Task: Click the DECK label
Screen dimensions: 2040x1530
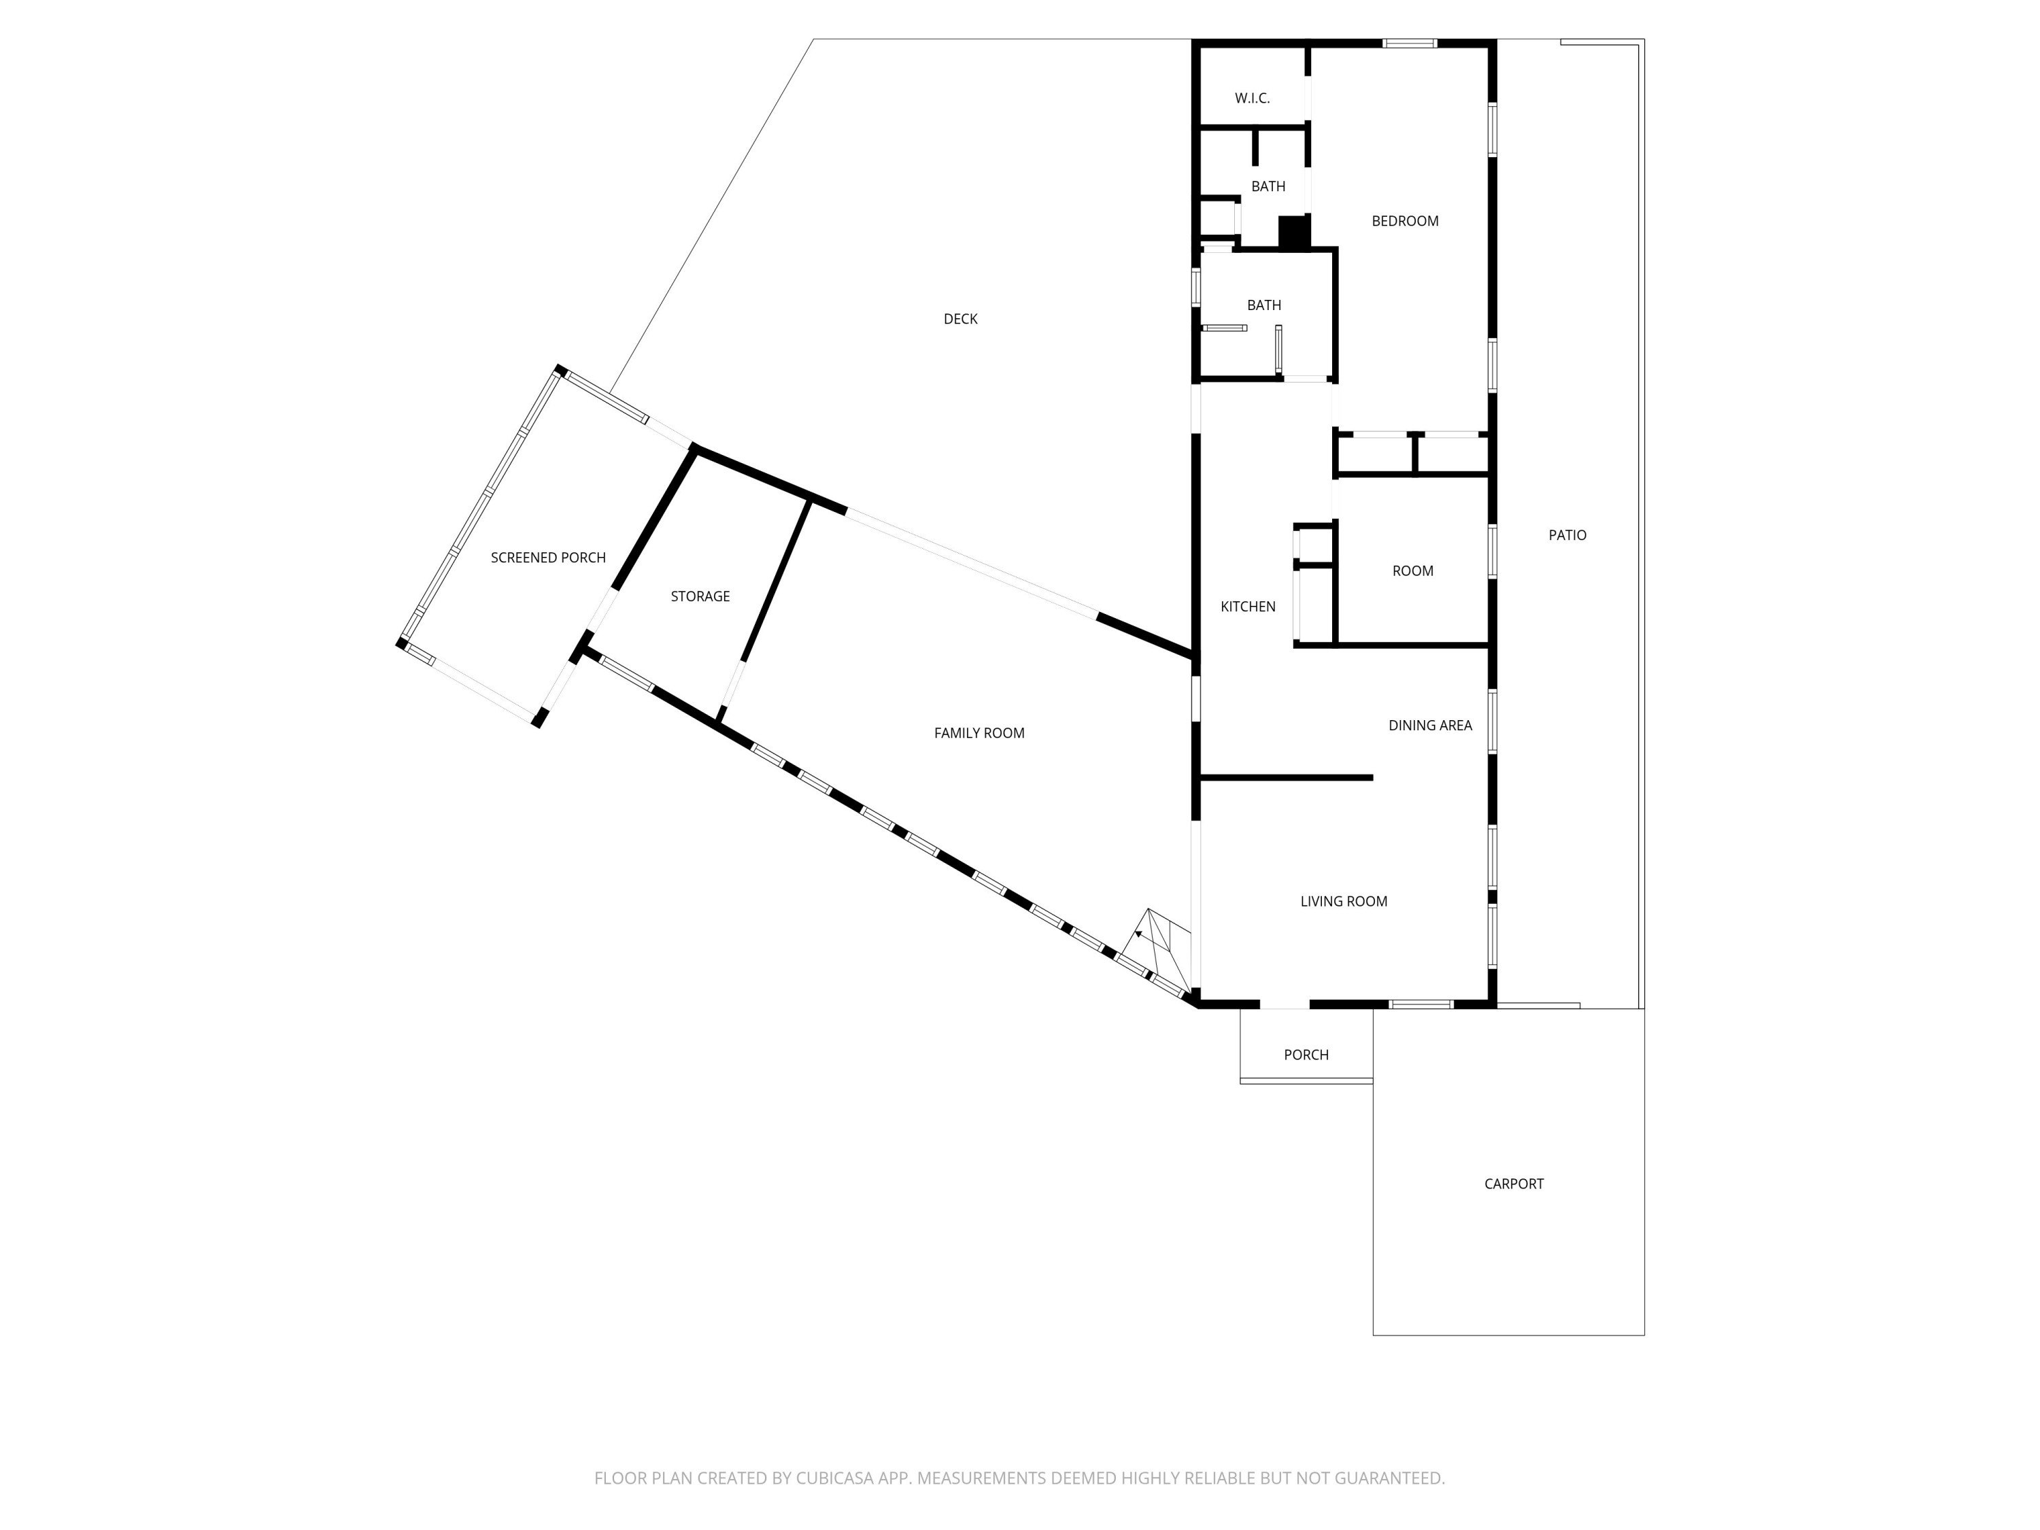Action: coord(960,319)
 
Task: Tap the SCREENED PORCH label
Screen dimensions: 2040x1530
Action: coord(548,558)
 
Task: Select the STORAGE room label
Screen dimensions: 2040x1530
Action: coord(700,596)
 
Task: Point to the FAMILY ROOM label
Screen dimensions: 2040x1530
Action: coord(979,733)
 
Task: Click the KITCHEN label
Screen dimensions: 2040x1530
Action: coord(1248,607)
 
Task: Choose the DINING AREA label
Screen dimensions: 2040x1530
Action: coord(1431,726)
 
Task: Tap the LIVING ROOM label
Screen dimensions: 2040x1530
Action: coord(1344,902)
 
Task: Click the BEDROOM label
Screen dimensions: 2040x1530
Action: coord(1405,221)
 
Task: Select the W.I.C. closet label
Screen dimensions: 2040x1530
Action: coord(1253,99)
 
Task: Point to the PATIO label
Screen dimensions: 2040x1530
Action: coord(1567,536)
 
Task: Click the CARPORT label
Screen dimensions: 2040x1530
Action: coord(1514,1184)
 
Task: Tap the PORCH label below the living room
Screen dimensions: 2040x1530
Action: coord(1306,1055)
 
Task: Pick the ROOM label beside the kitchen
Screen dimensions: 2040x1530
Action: coord(1412,572)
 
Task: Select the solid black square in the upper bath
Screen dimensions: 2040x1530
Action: coord(1294,231)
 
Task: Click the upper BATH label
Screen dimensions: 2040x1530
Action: coord(1268,187)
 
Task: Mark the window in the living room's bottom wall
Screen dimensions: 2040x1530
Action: coord(1421,1004)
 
